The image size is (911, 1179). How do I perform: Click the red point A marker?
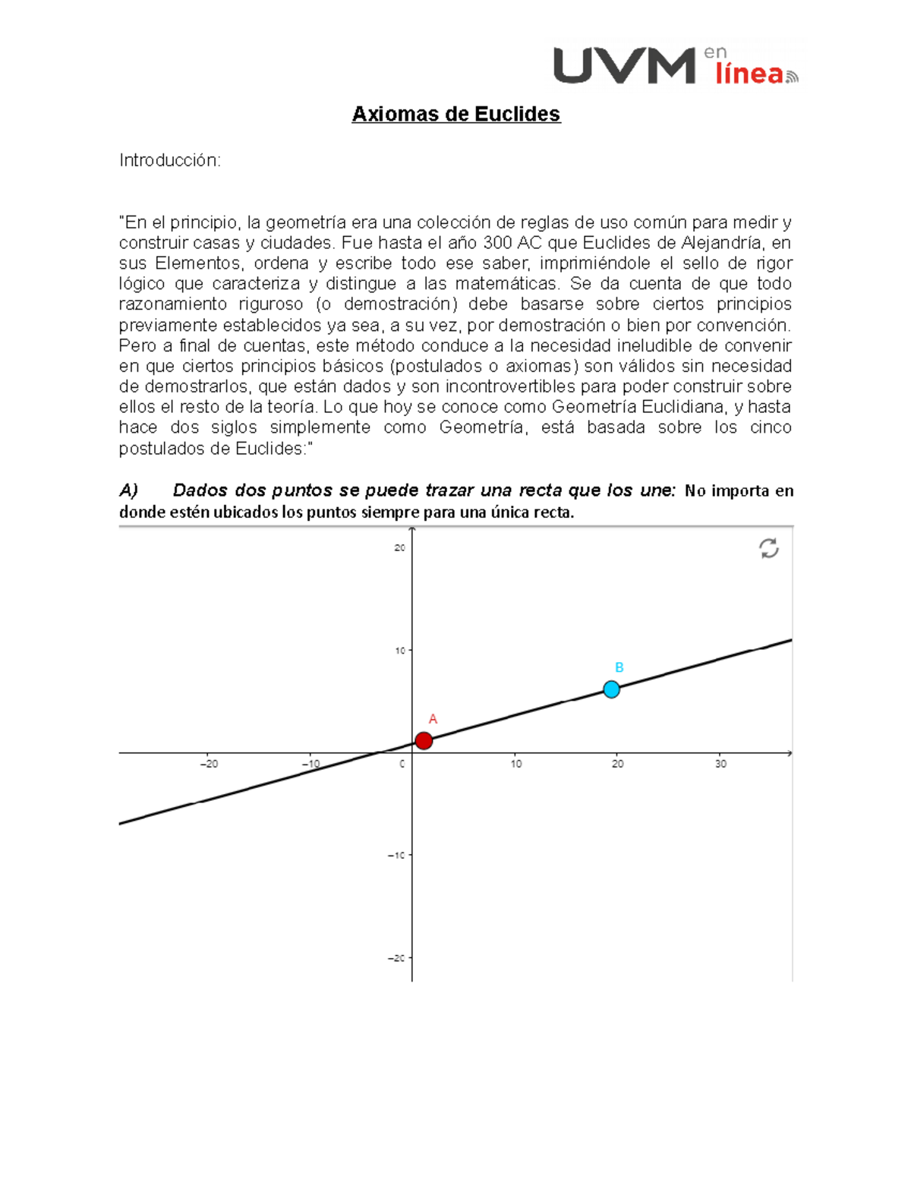tap(424, 740)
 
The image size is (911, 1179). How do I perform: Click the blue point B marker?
tap(611, 689)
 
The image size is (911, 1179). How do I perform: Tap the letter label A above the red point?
tap(433, 719)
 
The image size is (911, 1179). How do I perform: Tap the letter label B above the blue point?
tap(619, 667)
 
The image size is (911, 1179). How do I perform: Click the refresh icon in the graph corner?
tap(768, 548)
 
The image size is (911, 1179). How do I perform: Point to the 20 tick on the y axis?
tap(400, 548)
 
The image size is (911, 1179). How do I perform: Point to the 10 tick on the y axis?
tap(400, 651)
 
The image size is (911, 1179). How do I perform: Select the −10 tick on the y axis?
tap(397, 855)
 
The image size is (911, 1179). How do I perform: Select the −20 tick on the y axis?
tap(397, 958)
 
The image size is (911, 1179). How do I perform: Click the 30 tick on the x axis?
tap(720, 764)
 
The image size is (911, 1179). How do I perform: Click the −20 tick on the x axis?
tap(209, 764)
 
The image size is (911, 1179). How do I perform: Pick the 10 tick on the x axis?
tap(516, 764)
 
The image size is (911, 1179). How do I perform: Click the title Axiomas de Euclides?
tap(455, 114)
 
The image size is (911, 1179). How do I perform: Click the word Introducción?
tap(169, 160)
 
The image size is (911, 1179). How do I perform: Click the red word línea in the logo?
tap(749, 74)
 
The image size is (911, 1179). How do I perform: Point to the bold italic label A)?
tap(128, 490)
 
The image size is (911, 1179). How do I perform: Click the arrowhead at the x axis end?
tap(790, 753)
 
